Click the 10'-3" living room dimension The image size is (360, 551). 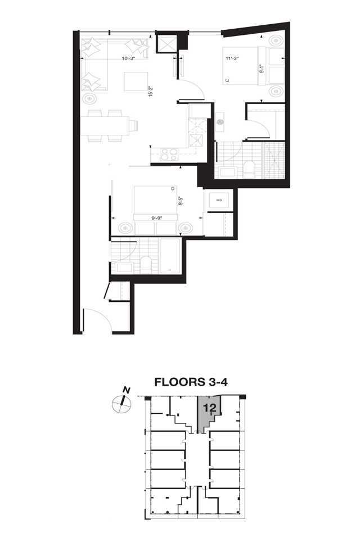(129, 58)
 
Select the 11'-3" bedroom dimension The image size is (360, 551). (232, 58)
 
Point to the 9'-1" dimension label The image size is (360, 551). (261, 68)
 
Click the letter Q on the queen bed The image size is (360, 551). (227, 80)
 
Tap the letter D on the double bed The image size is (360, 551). (173, 189)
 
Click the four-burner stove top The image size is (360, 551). (169, 154)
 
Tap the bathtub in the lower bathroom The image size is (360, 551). (170, 256)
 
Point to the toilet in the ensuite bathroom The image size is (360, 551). (250, 170)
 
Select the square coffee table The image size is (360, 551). (136, 81)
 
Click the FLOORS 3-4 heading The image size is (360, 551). (191, 382)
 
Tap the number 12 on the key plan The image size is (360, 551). (209, 408)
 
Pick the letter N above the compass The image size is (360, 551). (127, 390)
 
